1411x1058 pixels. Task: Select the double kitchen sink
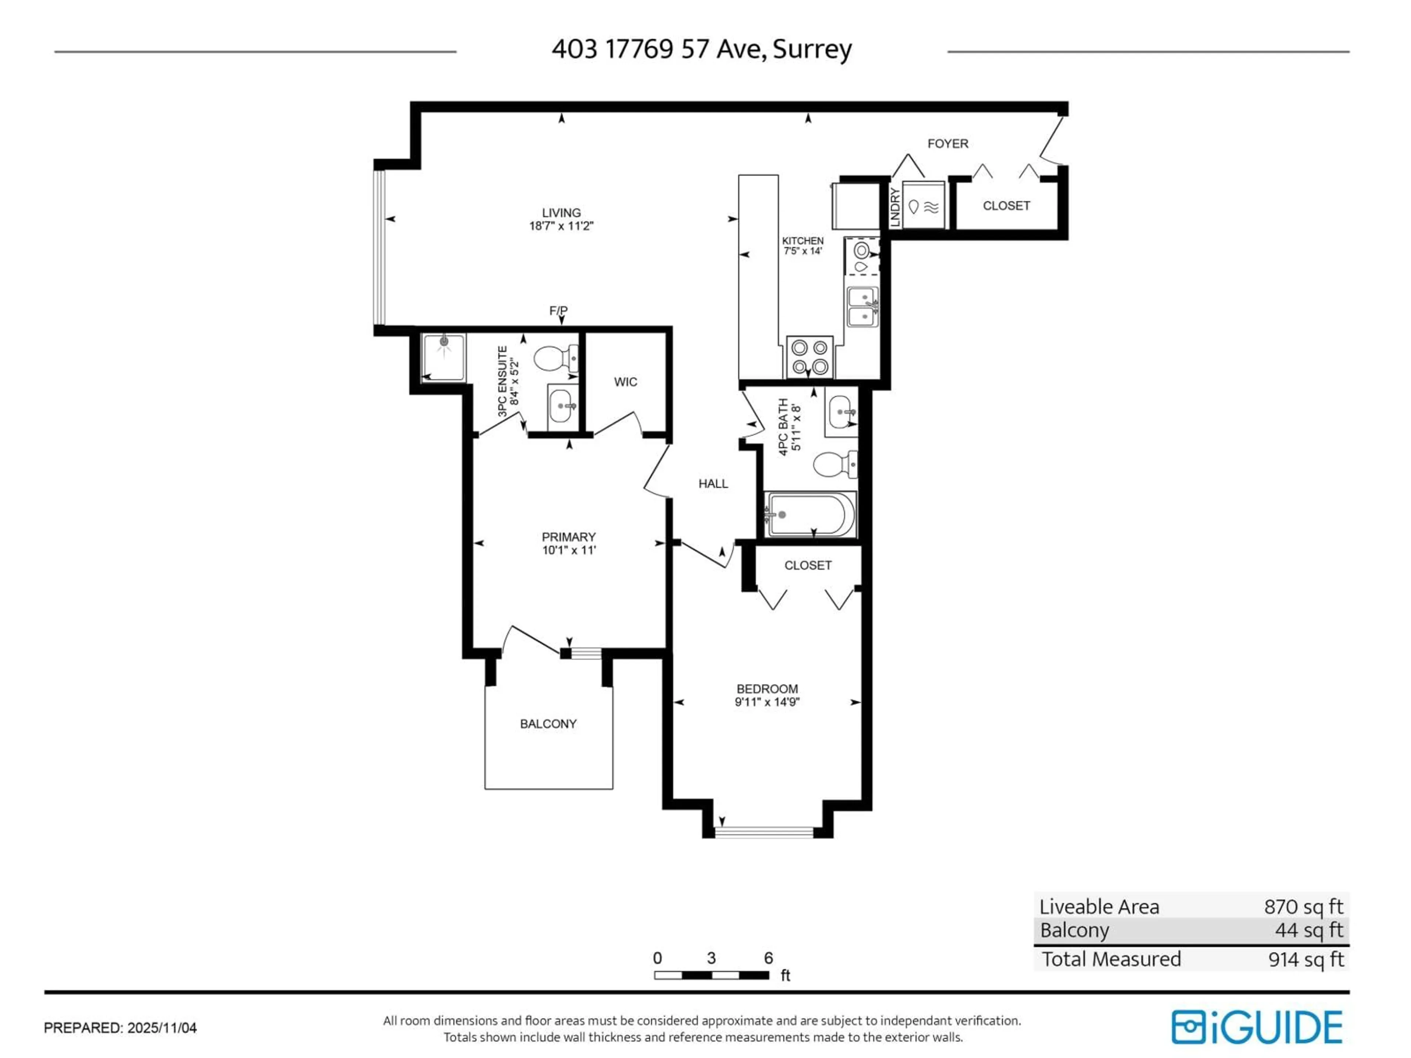(x=862, y=307)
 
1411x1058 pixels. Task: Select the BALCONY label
(x=548, y=724)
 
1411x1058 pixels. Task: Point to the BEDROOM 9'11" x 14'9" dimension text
(x=767, y=702)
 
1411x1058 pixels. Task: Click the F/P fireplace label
(x=558, y=310)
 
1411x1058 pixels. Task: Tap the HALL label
(x=712, y=483)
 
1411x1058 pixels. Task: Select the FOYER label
(x=947, y=144)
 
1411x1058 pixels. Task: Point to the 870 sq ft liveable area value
(x=1303, y=906)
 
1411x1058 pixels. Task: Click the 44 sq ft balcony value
(x=1308, y=930)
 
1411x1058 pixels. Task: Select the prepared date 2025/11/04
(x=162, y=1028)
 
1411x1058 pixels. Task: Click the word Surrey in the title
(x=812, y=49)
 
